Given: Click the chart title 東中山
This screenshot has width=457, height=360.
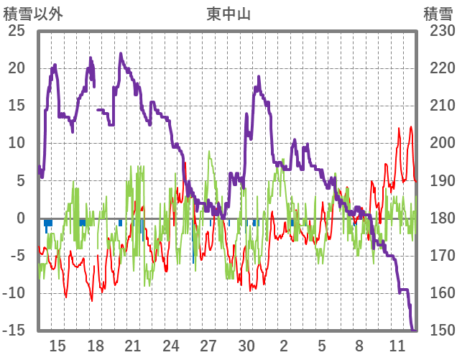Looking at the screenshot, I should pyautogui.click(x=228, y=14).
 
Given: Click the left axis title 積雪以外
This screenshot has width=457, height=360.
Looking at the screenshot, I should pyautogui.click(x=34, y=14).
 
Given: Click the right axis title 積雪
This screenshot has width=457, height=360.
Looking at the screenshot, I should pyautogui.click(x=437, y=14).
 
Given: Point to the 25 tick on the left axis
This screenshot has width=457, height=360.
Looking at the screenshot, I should pyautogui.click(x=17, y=31).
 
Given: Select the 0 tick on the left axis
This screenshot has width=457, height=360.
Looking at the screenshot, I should pyautogui.click(x=22, y=218).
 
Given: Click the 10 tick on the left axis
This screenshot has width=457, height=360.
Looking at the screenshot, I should pyautogui.click(x=17, y=143).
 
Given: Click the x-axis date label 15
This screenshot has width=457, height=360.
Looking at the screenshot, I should pyautogui.click(x=57, y=346).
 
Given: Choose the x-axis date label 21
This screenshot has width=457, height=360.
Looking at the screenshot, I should pyautogui.click(x=133, y=346).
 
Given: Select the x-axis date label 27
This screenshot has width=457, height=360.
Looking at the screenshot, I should pyautogui.click(x=208, y=346).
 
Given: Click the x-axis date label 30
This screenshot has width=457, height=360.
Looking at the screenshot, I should pyautogui.click(x=246, y=346).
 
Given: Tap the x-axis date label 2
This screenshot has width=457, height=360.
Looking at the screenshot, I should pyautogui.click(x=284, y=346).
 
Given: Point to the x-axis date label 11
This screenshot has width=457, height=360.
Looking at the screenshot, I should pyautogui.click(x=397, y=346).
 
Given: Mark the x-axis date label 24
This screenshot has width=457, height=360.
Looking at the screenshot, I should pyautogui.click(x=171, y=346).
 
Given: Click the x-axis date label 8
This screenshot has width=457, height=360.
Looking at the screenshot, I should pyautogui.click(x=359, y=346).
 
